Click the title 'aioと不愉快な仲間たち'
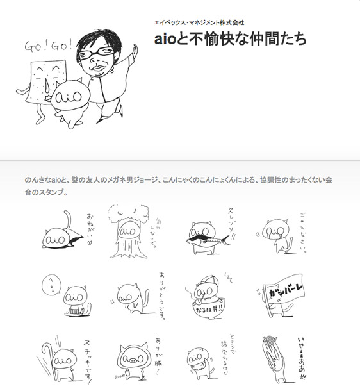click(231, 38)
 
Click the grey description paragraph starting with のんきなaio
click(179, 186)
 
